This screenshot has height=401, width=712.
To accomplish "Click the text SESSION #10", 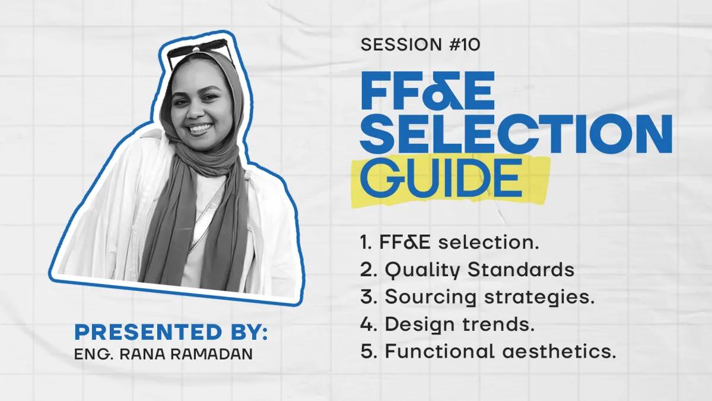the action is point(420,45).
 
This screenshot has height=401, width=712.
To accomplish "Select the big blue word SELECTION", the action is point(517,134).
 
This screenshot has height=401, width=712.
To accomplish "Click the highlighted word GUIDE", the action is point(441,178).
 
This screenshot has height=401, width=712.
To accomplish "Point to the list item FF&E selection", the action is point(450,242).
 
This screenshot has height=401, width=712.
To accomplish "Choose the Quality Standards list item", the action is point(468,270).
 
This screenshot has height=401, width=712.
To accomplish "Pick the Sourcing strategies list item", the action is point(478,298).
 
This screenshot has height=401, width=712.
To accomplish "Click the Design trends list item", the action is point(447,324).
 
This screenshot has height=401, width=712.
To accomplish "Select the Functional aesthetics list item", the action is point(488,351).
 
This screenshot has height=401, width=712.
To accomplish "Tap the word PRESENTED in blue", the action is point(148,332).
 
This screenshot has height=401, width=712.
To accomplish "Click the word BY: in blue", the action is point(249,332).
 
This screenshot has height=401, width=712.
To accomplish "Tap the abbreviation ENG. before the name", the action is point(94,355).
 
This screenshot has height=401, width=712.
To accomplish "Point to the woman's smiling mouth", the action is point(201,129).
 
